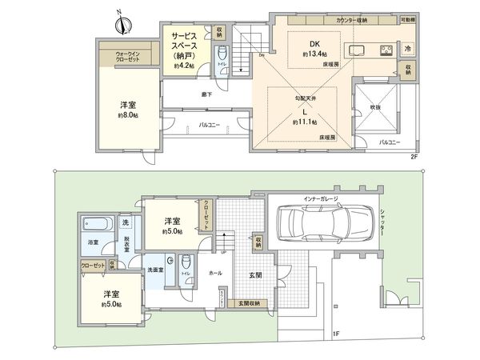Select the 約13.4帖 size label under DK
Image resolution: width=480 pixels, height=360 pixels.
[315, 54]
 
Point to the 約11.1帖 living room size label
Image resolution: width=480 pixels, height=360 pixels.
[304, 122]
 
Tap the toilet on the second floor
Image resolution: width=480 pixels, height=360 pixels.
[223, 55]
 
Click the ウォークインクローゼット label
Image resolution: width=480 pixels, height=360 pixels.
[117, 56]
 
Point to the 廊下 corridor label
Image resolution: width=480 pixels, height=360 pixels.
[206, 94]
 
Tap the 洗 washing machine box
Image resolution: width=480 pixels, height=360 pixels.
[126, 220]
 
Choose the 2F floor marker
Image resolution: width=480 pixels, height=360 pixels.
[414, 157]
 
